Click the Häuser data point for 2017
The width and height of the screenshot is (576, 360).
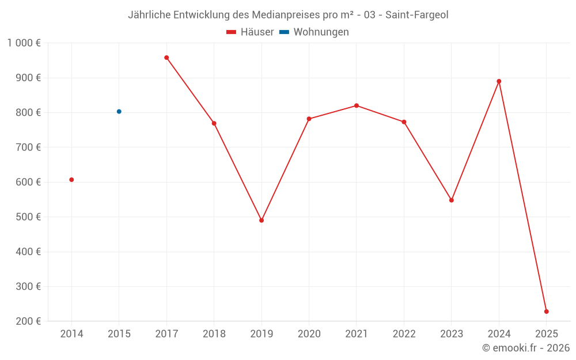click(166, 58)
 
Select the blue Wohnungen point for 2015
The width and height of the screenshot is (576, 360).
click(119, 112)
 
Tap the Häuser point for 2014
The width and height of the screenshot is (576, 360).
click(71, 180)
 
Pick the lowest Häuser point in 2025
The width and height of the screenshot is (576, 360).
click(546, 312)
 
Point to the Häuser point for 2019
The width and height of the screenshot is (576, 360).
click(262, 221)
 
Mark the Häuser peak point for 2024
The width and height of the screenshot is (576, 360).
click(499, 81)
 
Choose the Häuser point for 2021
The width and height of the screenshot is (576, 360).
click(357, 105)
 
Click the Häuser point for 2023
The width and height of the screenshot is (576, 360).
click(452, 200)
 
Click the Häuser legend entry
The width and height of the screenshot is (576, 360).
click(250, 32)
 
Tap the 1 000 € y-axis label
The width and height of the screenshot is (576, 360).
click(24, 43)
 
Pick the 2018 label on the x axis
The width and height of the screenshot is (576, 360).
click(214, 334)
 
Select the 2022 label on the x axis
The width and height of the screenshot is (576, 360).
click(404, 334)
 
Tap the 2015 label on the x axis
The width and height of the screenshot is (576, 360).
click(119, 334)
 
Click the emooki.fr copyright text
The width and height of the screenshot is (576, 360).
click(525, 348)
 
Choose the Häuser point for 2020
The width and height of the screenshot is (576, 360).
click(309, 119)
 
